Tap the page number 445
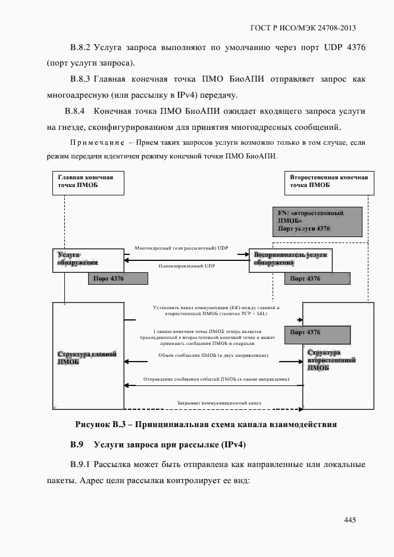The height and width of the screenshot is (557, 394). pyautogui.click(x=349, y=520)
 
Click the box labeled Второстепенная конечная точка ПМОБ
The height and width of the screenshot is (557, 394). pyautogui.click(x=329, y=182)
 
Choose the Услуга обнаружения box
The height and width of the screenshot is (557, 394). pyautogui.click(x=88, y=260)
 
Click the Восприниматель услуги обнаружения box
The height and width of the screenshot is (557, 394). pyautogui.click(x=290, y=260)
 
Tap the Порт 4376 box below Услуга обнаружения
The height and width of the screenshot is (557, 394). pyautogui.click(x=117, y=278)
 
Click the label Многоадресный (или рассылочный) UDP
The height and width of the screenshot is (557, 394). pyautogui.click(x=181, y=247)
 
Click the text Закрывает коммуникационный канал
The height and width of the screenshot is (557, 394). pyautogui.click(x=218, y=403)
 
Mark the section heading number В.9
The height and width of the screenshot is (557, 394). pyautogui.click(x=79, y=445)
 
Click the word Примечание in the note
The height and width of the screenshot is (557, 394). pyautogui.click(x=96, y=143)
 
